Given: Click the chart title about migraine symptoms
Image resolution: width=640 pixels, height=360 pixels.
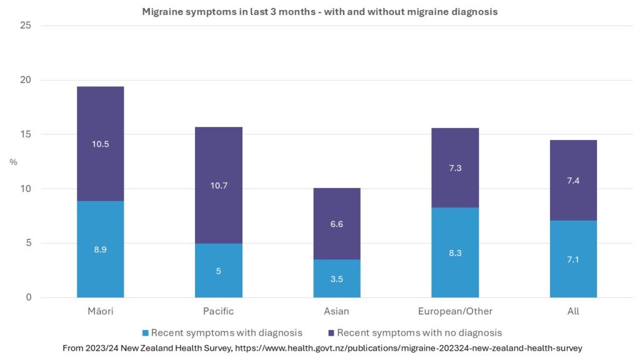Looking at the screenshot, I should [319, 11].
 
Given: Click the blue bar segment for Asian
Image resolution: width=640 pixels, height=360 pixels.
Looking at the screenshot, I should [336, 284].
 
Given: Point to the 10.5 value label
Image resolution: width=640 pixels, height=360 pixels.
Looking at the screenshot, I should [100, 144].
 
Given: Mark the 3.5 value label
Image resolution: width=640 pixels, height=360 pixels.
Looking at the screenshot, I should [336, 279].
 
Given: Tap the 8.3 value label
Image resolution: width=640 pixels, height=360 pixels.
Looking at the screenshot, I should [455, 253].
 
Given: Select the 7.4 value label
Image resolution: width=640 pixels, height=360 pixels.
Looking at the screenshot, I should [573, 181].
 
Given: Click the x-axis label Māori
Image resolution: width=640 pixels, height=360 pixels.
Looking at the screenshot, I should [100, 311].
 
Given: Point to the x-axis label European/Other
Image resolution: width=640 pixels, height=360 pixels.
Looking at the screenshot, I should [455, 311].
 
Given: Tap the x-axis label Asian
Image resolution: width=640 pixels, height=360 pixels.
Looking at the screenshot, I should [336, 311].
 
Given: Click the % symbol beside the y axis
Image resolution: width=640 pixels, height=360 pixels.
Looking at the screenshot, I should [13, 162].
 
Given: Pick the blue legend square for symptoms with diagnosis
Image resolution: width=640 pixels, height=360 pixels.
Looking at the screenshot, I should [144, 333].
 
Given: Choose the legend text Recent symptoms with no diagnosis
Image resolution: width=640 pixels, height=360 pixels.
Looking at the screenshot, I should [419, 333].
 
